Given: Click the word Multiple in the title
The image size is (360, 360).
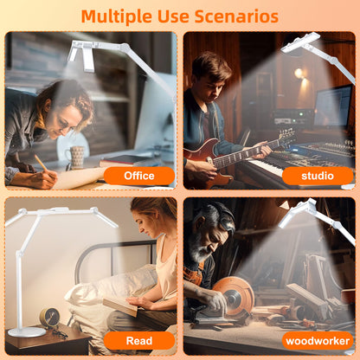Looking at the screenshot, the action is [x=116, y=16].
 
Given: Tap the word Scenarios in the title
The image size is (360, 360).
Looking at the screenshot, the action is [x=236, y=16].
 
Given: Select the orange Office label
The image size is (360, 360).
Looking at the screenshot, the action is [x=139, y=176].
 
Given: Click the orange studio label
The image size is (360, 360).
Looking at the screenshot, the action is [x=318, y=176].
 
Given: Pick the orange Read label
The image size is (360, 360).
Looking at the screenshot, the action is [x=139, y=341].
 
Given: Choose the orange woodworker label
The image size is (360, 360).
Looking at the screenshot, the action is [x=318, y=341].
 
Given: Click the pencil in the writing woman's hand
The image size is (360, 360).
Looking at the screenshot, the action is [x=42, y=163].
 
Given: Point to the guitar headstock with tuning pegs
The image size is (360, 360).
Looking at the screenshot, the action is [x=286, y=135].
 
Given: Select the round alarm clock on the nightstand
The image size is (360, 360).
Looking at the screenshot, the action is [x=49, y=318].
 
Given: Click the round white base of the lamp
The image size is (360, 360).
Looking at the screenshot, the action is [x=27, y=332].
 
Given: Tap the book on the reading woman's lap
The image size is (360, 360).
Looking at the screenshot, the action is [x=120, y=306].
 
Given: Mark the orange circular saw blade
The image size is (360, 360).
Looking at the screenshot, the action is [x=235, y=295].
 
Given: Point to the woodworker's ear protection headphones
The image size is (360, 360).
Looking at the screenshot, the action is [x=224, y=215].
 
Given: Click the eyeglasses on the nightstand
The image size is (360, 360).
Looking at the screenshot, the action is [x=60, y=333].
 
